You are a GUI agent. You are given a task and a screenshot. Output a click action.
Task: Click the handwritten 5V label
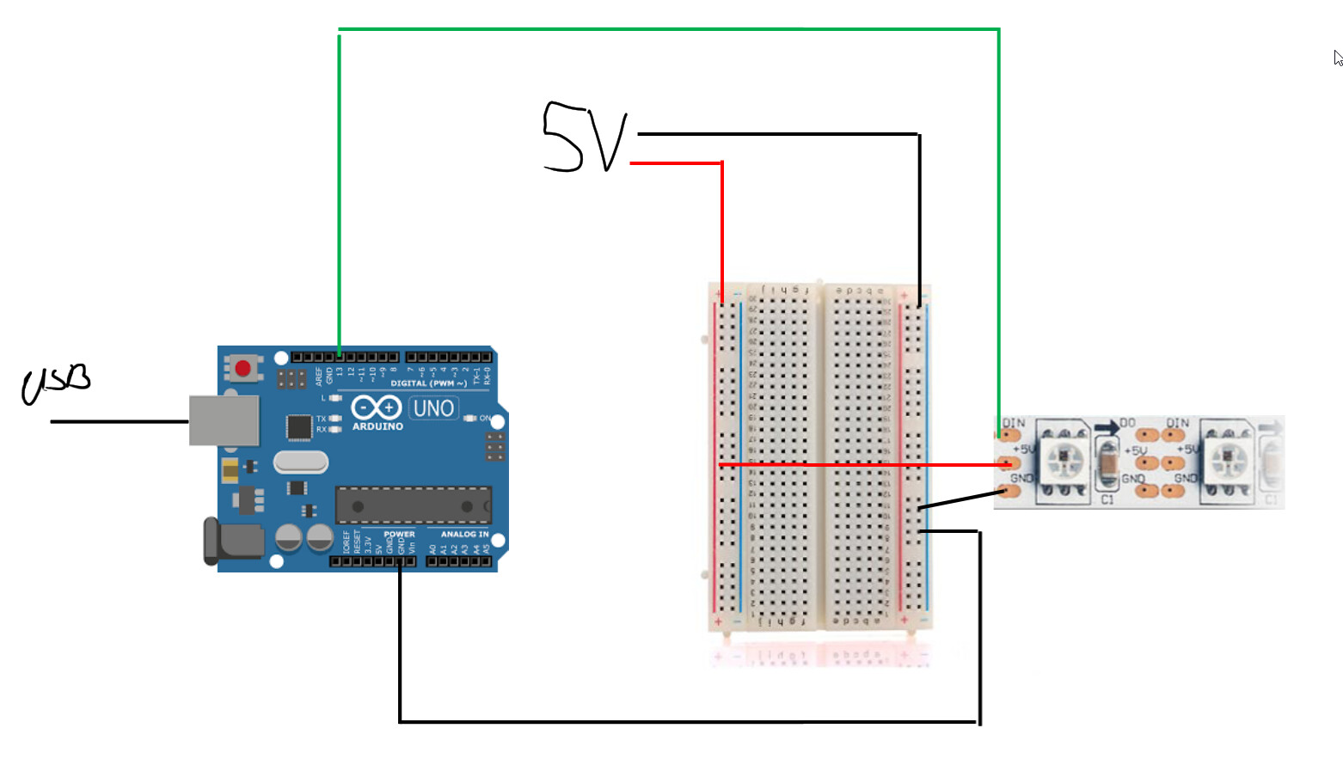pyautogui.click(x=585, y=138)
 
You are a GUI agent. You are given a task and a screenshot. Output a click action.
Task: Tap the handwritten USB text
pyautogui.click(x=56, y=383)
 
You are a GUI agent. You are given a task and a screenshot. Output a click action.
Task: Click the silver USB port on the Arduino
pyautogui.click(x=224, y=420)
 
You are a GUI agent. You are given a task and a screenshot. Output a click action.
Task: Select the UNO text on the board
pyautogui.click(x=433, y=408)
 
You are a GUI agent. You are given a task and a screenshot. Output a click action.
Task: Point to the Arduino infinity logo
pyautogui.click(x=377, y=407)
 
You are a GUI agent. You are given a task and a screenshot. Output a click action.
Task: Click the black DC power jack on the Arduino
pyautogui.click(x=232, y=542)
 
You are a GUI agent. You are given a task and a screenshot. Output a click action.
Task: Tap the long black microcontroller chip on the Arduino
pyautogui.click(x=413, y=505)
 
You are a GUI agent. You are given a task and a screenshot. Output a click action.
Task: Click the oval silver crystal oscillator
pyautogui.click(x=301, y=462)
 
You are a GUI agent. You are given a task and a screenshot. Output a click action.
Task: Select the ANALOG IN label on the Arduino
pyautogui.click(x=464, y=534)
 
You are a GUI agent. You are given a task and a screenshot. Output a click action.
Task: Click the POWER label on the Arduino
pyautogui.click(x=399, y=534)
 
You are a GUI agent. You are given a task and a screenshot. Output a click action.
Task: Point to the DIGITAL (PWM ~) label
pyautogui.click(x=428, y=383)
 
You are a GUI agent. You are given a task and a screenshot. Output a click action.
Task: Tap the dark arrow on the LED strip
pyautogui.click(x=1107, y=426)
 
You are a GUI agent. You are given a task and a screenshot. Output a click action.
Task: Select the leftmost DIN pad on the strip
pyautogui.click(x=1008, y=436)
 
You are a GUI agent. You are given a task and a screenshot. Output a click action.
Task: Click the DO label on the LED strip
pyautogui.click(x=1127, y=423)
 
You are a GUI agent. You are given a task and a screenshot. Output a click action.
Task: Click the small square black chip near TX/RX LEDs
pyautogui.click(x=298, y=426)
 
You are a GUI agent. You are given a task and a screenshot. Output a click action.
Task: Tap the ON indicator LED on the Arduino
pyautogui.click(x=469, y=418)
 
